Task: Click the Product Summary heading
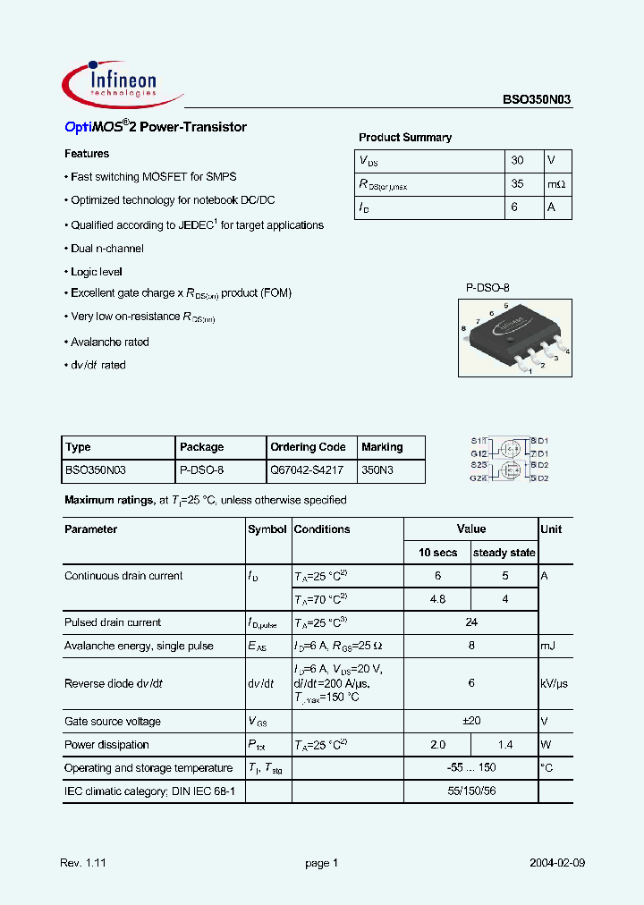(x=405, y=138)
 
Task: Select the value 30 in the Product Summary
(x=517, y=161)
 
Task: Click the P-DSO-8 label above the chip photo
(x=487, y=288)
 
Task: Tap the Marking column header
(x=382, y=447)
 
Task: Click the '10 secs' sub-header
(x=437, y=553)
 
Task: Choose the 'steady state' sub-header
(x=504, y=553)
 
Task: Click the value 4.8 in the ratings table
(x=437, y=599)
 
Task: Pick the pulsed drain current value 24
(x=471, y=622)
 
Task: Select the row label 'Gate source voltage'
(x=113, y=722)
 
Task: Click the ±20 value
(x=471, y=722)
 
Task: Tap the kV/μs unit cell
(x=555, y=683)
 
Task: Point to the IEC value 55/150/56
(x=471, y=791)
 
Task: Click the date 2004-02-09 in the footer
(x=557, y=863)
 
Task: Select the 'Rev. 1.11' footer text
(x=83, y=863)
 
